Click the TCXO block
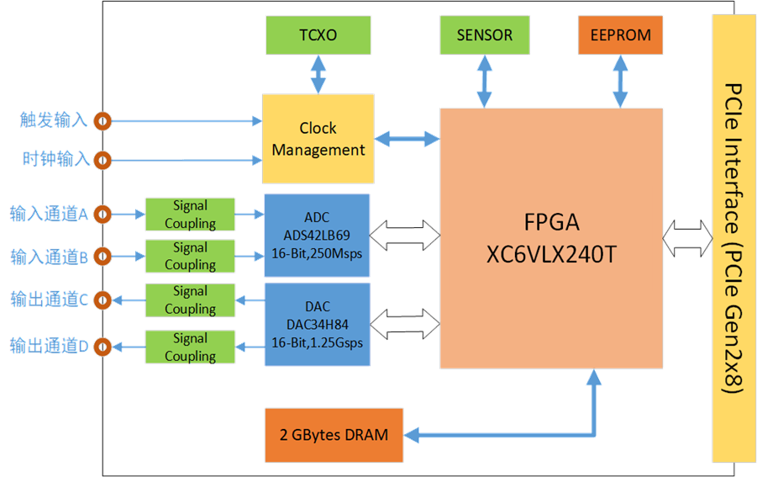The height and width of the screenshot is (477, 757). pos(318,34)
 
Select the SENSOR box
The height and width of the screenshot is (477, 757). pos(485,34)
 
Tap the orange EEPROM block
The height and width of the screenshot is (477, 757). pos(620,34)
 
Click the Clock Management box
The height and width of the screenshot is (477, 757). pos(318,139)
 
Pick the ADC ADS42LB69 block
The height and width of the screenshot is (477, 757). pos(318,236)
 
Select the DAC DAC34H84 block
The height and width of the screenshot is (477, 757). pos(318,324)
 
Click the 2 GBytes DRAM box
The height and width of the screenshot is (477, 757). pos(334,435)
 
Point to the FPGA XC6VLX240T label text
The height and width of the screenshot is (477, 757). pos(551,238)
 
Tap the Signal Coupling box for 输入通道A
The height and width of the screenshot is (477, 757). pos(190,214)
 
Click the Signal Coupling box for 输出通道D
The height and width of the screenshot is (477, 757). pos(190,347)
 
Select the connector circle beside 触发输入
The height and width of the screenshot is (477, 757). pos(103,121)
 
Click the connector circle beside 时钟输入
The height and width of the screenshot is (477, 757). pos(103,160)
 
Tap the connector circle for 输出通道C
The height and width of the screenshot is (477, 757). pos(103,300)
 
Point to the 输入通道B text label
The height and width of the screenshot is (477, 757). pos(50,257)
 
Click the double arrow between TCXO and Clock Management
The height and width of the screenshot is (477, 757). pos(318,74)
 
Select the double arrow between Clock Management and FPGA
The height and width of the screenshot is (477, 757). pos(407,139)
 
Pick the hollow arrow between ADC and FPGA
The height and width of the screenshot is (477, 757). pos(405,236)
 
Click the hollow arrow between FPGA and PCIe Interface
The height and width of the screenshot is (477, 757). pos(687,238)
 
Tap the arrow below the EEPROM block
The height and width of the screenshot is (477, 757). pos(620,82)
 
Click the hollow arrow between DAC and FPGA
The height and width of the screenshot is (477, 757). pos(405,324)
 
